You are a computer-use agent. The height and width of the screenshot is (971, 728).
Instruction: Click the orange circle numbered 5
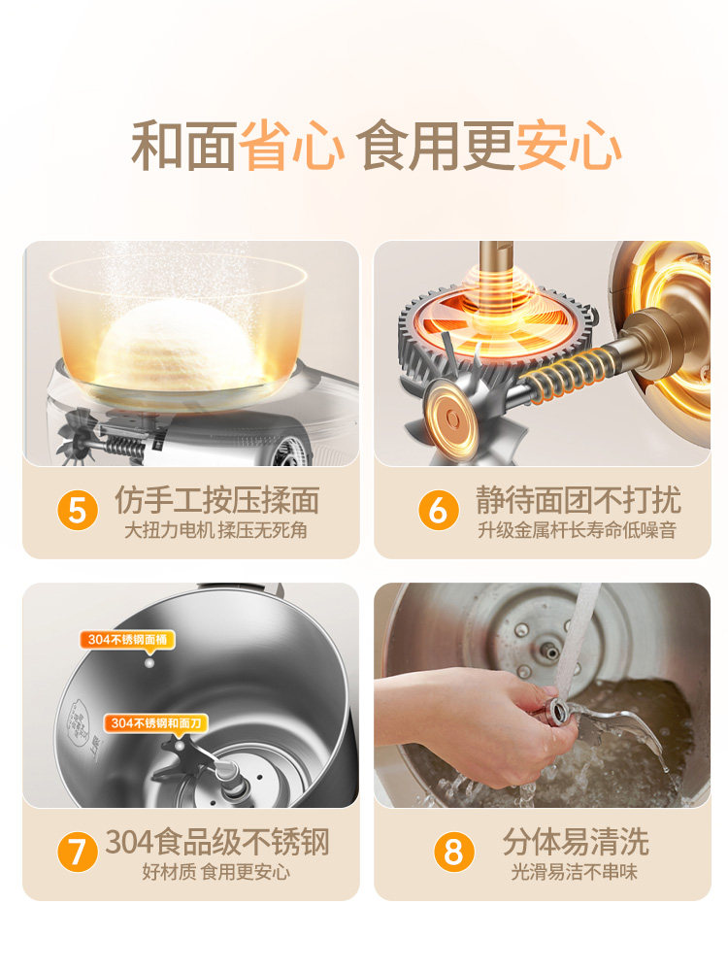(x=78, y=510)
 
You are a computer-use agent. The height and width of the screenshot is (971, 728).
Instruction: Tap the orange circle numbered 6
(x=438, y=510)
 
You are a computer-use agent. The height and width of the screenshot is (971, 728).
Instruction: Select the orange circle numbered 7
(x=78, y=852)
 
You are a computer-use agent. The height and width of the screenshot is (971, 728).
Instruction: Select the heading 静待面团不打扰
(x=578, y=500)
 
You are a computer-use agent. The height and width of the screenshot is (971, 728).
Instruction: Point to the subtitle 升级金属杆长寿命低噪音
(x=577, y=531)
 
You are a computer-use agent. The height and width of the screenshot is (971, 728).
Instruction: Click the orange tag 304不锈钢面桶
(x=127, y=639)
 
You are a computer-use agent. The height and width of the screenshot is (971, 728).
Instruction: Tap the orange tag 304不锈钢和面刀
(x=147, y=722)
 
